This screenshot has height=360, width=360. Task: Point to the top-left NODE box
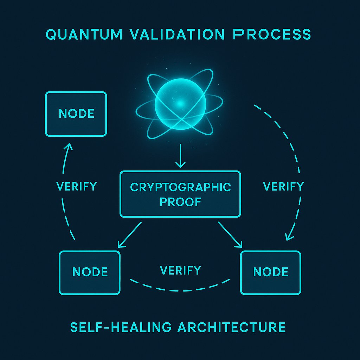pyautogui.click(x=76, y=114)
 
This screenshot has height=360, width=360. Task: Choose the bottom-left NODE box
pyautogui.click(x=90, y=272)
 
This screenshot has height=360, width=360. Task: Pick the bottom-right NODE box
pyautogui.click(x=270, y=272)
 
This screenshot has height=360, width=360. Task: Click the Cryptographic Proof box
pyautogui.click(x=180, y=194)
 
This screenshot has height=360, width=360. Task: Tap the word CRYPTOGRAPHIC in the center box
pyautogui.click(x=180, y=187)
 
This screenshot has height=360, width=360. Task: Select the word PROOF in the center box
pyautogui.click(x=180, y=203)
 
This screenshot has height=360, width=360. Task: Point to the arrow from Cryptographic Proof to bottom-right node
pyautogui.click(x=231, y=234)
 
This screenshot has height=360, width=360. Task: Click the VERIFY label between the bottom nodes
pyautogui.click(x=180, y=270)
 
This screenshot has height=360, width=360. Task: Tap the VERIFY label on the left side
pyautogui.click(x=76, y=186)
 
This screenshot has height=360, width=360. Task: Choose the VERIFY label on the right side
pyautogui.click(x=283, y=186)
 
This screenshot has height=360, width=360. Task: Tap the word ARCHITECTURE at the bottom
pyautogui.click(x=231, y=327)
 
